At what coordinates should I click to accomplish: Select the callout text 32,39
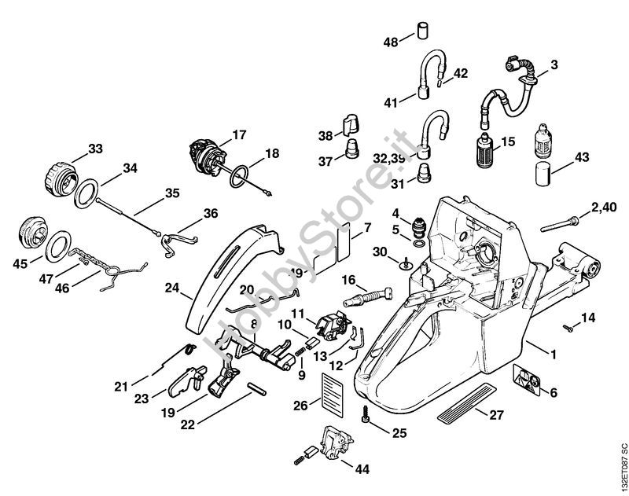pyautogui.click(x=391, y=158)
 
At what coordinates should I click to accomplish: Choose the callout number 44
pyautogui.click(x=362, y=469)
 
